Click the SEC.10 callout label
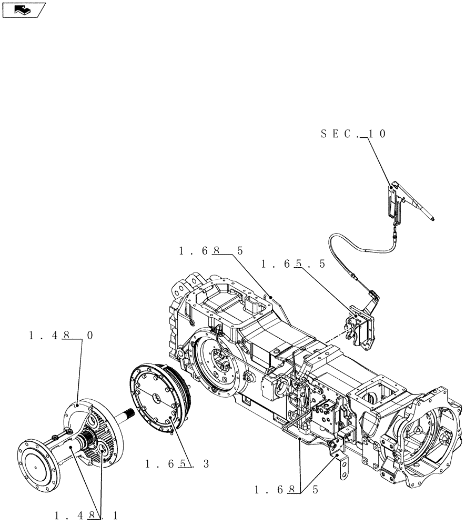coord(353,134)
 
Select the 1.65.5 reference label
coord(292,264)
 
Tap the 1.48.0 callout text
coord(62,335)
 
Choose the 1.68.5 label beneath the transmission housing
coord(286,490)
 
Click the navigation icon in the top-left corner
coord(24,9)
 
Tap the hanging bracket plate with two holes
coord(343,469)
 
